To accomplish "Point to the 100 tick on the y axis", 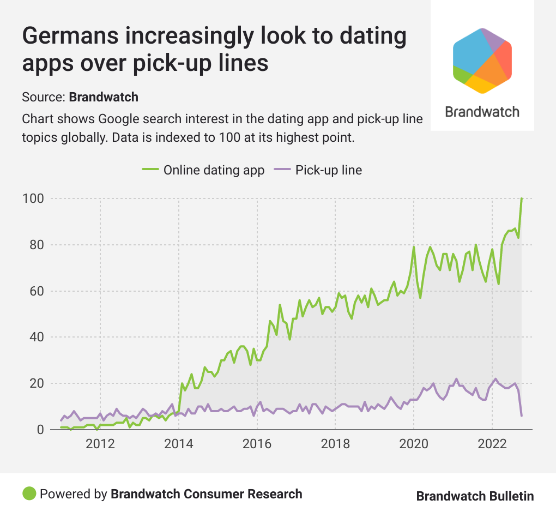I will [x=33, y=198].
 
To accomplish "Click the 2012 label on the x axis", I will [x=100, y=443].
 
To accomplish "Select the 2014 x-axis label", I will [x=179, y=443].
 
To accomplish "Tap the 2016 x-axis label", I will [x=257, y=443].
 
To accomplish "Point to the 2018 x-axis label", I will [x=335, y=443].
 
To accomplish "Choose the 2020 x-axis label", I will [x=414, y=443].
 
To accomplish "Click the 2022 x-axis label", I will [x=492, y=443].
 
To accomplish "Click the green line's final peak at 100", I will [x=522, y=199].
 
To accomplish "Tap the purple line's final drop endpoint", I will [x=522, y=416].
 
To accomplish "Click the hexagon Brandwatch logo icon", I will [x=482, y=60].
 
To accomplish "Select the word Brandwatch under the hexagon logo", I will [x=482, y=112].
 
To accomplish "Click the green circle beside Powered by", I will [x=29, y=494].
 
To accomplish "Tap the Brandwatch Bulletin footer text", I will [x=475, y=496].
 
